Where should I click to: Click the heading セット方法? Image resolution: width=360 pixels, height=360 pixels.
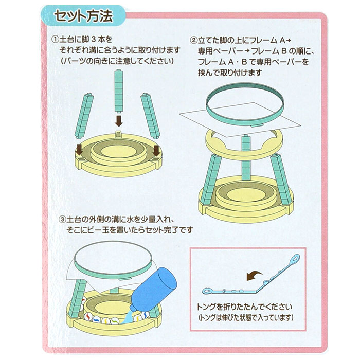[x=83, y=16]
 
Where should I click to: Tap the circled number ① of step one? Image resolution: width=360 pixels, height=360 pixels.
[x=56, y=39]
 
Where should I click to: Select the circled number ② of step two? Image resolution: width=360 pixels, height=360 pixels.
[x=193, y=41]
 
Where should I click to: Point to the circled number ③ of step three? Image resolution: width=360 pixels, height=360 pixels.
[x=62, y=219]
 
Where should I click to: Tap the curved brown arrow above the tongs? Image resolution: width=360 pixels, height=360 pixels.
[x=255, y=275]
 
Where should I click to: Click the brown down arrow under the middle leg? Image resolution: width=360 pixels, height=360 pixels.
[x=119, y=121]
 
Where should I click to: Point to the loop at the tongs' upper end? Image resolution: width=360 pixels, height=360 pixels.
[x=295, y=258]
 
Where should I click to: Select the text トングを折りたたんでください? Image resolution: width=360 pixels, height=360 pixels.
[x=244, y=307]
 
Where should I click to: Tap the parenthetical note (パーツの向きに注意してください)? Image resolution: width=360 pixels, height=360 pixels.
[x=117, y=61]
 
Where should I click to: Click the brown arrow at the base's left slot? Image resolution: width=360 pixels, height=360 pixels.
[x=79, y=150]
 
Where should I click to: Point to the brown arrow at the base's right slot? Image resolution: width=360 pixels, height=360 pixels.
[x=156, y=150]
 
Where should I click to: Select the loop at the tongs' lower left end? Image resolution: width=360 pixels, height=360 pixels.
[x=208, y=292]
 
